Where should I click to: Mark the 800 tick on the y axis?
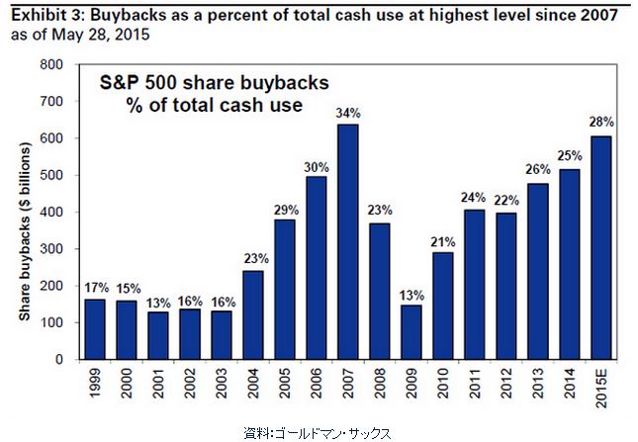click(x=52, y=64)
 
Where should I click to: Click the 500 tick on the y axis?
click(x=52, y=176)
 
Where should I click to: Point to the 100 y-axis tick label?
click(x=52, y=323)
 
